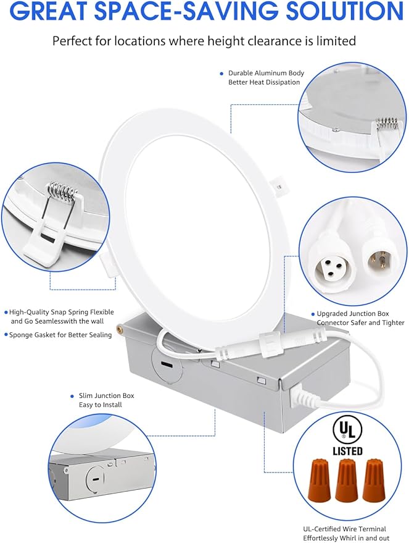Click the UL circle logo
347,429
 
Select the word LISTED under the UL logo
347,451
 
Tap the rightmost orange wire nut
373,479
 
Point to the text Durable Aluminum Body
266,73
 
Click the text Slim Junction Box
106,395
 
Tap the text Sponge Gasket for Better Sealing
60,335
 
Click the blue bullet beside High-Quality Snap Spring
6,313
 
